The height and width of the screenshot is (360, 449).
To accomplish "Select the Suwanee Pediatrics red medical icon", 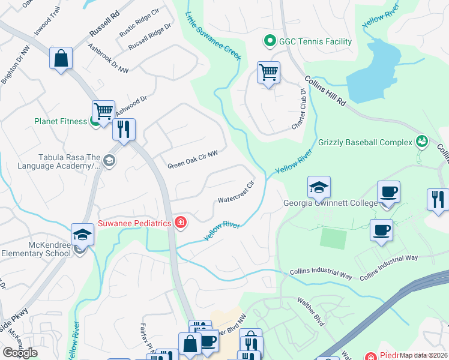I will [x=180, y=223].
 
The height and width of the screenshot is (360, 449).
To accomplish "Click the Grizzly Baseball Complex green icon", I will [x=422, y=142].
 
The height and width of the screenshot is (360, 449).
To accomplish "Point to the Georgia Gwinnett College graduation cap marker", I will [x=319, y=187].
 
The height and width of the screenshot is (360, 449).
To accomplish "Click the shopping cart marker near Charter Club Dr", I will [x=268, y=73].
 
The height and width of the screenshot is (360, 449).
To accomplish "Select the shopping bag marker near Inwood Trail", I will [x=61, y=58].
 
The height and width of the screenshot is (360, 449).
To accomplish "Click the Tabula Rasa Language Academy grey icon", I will [x=109, y=160].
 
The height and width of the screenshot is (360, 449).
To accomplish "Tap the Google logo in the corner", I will [x=20, y=353].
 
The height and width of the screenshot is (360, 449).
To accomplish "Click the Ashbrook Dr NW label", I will [x=108, y=58].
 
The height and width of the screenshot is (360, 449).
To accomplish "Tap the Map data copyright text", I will [x=423, y=355].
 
